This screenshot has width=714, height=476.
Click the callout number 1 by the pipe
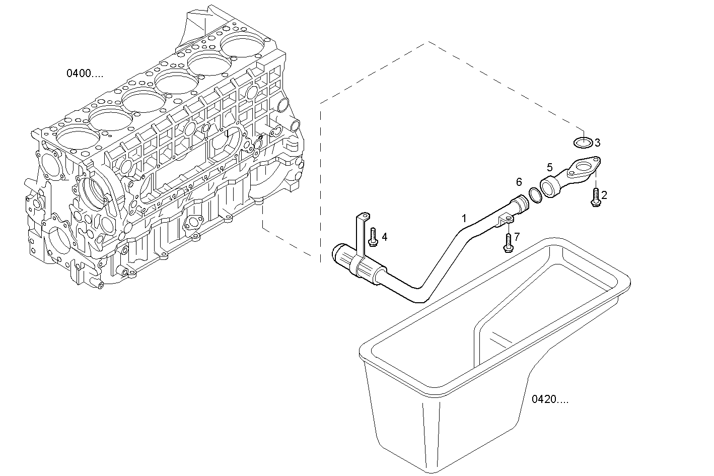(x=464, y=218)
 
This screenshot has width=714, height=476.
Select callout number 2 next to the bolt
(x=604, y=194)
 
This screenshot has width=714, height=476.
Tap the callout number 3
(x=597, y=143)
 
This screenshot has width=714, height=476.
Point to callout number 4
(x=384, y=237)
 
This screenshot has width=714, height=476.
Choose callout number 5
(x=549, y=167)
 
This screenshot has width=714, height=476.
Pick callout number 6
(x=519, y=182)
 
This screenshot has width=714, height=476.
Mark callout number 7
(x=517, y=236)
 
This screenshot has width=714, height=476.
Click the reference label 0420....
(x=550, y=400)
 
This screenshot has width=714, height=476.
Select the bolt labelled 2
(x=595, y=197)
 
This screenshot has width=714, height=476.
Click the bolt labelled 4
(x=372, y=237)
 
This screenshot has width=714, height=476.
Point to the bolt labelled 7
(x=508, y=243)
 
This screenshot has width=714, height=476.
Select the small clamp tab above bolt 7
(x=505, y=221)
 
